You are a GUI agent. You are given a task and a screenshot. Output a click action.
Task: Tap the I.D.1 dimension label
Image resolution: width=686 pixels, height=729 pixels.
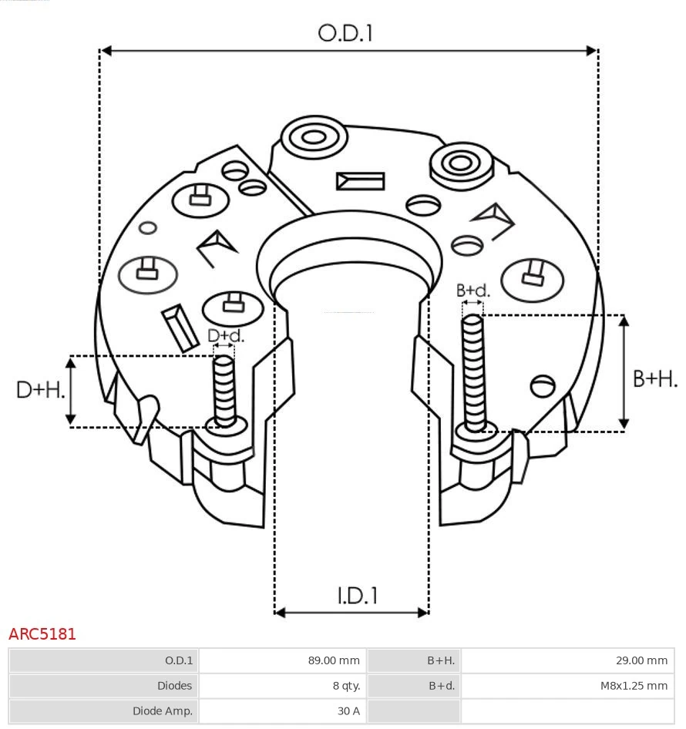click(357, 596)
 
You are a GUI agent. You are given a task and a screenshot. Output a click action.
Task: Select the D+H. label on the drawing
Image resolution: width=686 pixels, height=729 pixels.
click(39, 390)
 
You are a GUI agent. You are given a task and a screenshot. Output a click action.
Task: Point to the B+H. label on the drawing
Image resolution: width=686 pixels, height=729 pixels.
click(655, 378)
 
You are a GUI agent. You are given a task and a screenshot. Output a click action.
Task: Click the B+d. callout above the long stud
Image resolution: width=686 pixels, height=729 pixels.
click(472, 291)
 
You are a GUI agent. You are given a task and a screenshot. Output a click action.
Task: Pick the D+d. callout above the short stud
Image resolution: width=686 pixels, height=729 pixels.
click(225, 336)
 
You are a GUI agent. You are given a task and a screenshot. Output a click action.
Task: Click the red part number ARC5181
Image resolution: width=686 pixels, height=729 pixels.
click(42, 634)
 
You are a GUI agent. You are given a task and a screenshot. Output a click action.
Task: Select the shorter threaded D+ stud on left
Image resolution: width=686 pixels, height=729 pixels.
click(224, 390)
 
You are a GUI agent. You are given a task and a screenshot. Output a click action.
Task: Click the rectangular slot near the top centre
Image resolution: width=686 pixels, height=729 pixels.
click(360, 181)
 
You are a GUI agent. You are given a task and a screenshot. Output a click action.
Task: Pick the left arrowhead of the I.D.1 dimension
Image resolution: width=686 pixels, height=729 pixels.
click(280, 613)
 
